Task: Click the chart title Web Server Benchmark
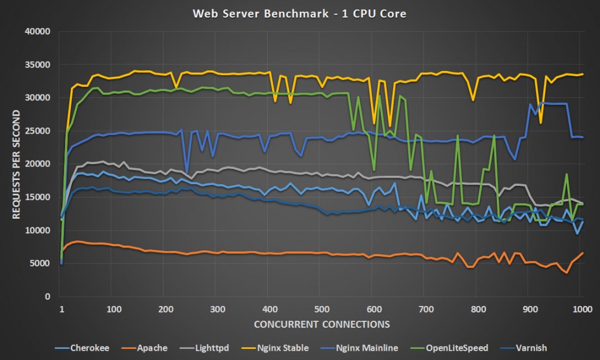click(299, 13)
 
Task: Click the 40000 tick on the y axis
click(39, 31)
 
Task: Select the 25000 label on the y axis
click(39, 131)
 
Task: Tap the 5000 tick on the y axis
click(42, 264)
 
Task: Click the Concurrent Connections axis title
click(321, 324)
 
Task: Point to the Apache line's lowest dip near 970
click(567, 273)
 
